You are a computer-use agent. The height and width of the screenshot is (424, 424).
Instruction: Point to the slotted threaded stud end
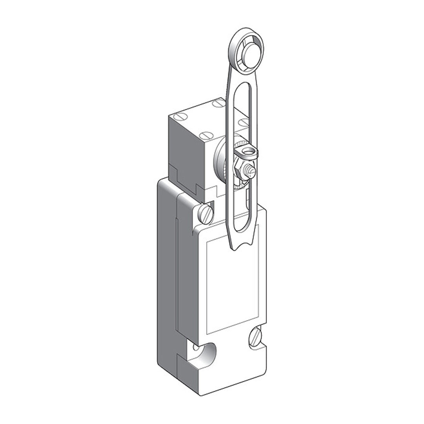pos(249,172)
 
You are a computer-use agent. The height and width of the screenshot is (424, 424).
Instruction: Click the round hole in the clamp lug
pos(248,151)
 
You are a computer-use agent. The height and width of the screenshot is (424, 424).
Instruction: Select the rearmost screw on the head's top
pos(218,103)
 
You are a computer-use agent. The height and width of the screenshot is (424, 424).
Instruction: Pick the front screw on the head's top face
pos(205,136)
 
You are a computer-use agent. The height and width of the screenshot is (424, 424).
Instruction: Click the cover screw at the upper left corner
pos(205,214)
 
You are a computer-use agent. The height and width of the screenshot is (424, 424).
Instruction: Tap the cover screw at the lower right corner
pos(256,336)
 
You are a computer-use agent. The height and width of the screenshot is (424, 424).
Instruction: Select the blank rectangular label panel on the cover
pos(232,287)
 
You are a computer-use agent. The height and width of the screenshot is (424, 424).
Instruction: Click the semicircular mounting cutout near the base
pos(207,353)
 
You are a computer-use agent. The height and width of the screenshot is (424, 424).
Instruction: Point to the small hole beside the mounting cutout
pos(196,347)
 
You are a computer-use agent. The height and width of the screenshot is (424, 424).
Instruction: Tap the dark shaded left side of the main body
pos(167,275)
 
